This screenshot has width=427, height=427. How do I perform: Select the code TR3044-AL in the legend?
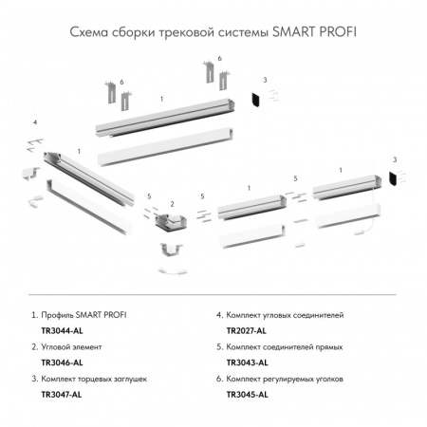pyautogui.click(x=59, y=331)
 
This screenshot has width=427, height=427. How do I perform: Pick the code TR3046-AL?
pyautogui.click(x=59, y=363)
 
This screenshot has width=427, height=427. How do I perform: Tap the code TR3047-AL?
pyautogui.click(x=59, y=396)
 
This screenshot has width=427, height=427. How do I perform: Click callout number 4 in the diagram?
pyautogui.click(x=34, y=122)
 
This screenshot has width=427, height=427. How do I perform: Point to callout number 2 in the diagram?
pyautogui.click(x=172, y=203)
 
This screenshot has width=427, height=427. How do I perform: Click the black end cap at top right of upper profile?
pyautogui.click(x=254, y=98)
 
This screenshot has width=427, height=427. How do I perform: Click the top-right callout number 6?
pyautogui.click(x=219, y=59)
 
